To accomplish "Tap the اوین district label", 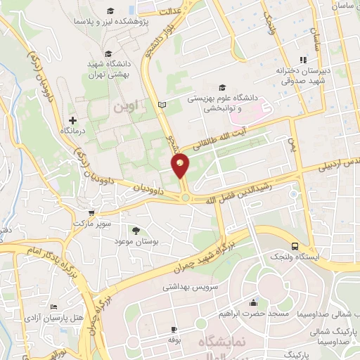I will pyautogui.click(x=127, y=106).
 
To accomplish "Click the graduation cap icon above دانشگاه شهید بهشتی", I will pyautogui.click(x=108, y=53).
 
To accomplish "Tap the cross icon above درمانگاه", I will pyautogui.click(x=72, y=120).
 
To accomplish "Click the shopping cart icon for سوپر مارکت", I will pyautogui.click(x=90, y=212).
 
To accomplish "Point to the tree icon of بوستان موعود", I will pyautogui.click(x=136, y=231).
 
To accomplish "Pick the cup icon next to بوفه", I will pyautogui.click(x=173, y=328).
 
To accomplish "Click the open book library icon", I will pyautogui.click(x=162, y=104).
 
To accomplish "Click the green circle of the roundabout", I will pyautogui.click(x=184, y=198).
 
